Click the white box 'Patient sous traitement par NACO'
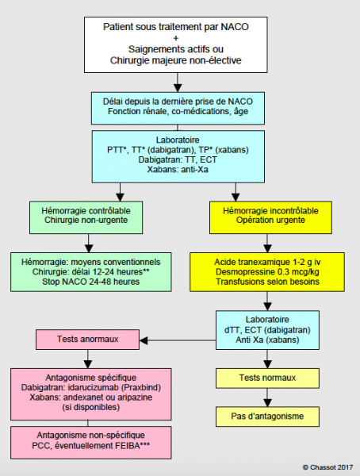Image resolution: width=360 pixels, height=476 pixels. pyautogui.click(x=176, y=44)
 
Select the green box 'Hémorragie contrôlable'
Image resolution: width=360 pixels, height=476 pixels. pyautogui.click(x=86, y=217)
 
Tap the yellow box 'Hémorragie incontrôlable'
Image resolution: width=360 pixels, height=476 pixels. pyautogui.click(x=270, y=217)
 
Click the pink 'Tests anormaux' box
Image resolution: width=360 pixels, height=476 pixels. pyautogui.click(x=87, y=340)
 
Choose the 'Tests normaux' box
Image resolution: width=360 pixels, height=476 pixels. pyautogui.click(x=267, y=378)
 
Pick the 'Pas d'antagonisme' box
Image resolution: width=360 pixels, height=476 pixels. pyautogui.click(x=267, y=416)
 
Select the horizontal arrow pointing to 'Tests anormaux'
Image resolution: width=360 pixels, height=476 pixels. pyautogui.click(x=178, y=340)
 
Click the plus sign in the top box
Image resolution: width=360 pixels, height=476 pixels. pyautogui.click(x=176, y=38)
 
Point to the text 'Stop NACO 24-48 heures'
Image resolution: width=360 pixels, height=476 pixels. pyautogui.click(x=90, y=282)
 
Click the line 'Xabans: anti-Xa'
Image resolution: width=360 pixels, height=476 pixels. pyautogui.click(x=178, y=170)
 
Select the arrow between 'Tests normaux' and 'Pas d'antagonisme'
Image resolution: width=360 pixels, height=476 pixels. pyautogui.click(x=267, y=397)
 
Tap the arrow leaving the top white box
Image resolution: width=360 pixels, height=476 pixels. pyautogui.click(x=178, y=83)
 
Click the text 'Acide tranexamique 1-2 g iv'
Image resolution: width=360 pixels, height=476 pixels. pyautogui.click(x=267, y=262)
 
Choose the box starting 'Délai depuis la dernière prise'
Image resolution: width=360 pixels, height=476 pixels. pyautogui.click(x=178, y=109)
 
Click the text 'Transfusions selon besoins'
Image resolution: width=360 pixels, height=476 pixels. pyautogui.click(x=267, y=282)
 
